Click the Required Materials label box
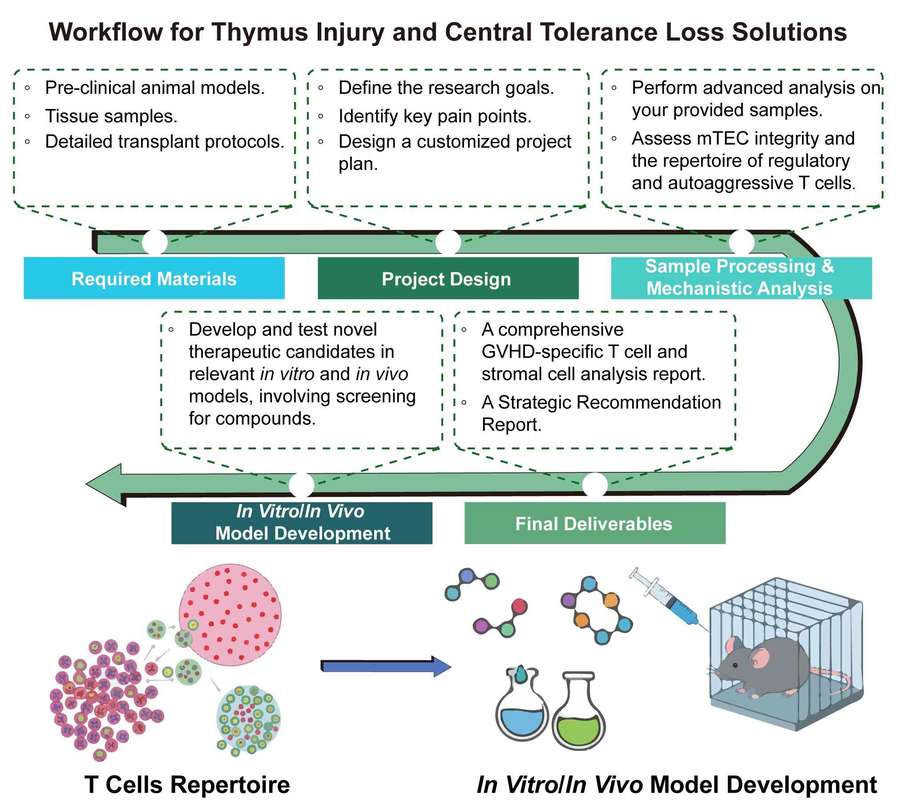tap(153, 279)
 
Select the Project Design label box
tap(446, 279)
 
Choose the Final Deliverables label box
tap(594, 523)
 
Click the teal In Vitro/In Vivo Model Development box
tap(302, 523)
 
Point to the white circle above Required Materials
tap(155, 241)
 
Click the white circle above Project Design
tap(447, 241)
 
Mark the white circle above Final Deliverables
tap(594, 485)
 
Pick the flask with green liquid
tap(585, 715)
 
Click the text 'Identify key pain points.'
tap(421, 114)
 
